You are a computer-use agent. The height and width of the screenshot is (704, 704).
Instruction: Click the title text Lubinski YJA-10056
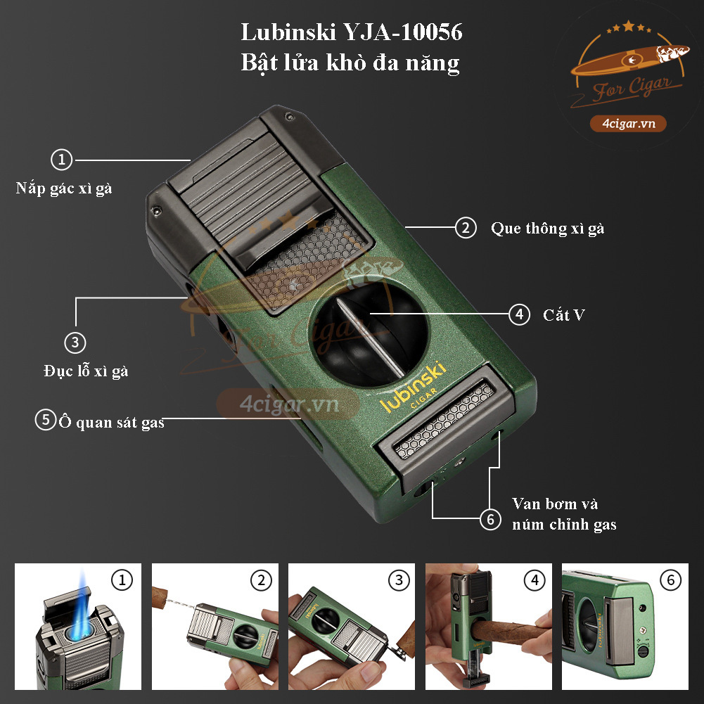pyautogui.click(x=352, y=33)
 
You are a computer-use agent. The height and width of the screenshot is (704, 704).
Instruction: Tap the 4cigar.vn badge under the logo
pyautogui.click(x=629, y=124)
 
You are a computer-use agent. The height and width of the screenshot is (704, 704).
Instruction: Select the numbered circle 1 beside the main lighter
pyautogui.click(x=62, y=160)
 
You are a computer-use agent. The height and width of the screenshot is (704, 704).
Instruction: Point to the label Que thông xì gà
pyautogui.click(x=547, y=228)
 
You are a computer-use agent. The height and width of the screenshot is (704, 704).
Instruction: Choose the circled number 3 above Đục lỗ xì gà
pyautogui.click(x=75, y=343)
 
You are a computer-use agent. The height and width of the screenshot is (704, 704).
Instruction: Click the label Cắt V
pyautogui.click(x=563, y=314)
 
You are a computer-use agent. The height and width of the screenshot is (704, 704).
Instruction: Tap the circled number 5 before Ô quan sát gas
pyautogui.click(x=45, y=421)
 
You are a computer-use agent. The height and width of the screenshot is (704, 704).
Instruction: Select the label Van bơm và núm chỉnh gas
pyautogui.click(x=564, y=513)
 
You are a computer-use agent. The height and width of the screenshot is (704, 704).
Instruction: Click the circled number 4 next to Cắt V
pyautogui.click(x=519, y=314)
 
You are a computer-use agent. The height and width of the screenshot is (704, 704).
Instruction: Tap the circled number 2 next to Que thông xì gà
pyautogui.click(x=464, y=228)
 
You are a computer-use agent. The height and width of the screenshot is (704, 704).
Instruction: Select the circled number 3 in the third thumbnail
pyautogui.click(x=399, y=580)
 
